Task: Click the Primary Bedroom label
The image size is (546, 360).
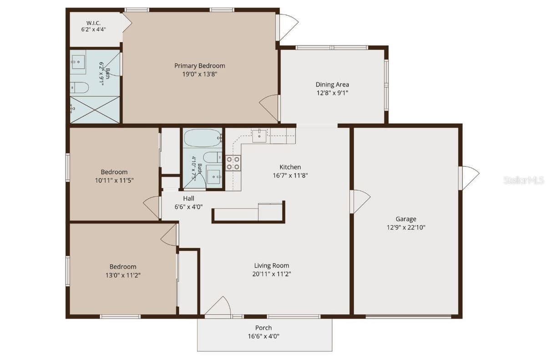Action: pos(200,66)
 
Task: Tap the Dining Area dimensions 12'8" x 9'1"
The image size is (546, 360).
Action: pos(332,93)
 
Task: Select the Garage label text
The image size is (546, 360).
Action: pos(406,219)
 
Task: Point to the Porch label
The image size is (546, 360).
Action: pos(263,328)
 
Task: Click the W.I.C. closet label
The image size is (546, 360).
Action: pos(93,23)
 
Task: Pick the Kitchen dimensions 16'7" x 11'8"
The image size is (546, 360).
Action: pos(290,176)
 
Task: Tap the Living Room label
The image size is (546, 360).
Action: pos(272,265)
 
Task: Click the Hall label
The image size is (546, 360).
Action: pos(188,198)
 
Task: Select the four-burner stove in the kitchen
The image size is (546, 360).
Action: pos(233,163)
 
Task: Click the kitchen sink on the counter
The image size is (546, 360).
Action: pos(259,136)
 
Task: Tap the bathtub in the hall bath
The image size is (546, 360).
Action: pos(203,138)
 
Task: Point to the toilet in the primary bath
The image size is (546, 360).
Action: pos(79,87)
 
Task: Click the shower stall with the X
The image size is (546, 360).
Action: pos(95,110)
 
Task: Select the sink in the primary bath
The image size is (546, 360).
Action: pos(78,62)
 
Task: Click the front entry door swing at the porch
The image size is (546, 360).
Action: pos(217,306)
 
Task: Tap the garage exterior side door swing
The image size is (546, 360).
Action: pos(469,177)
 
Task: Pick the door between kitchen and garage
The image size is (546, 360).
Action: pos(360,201)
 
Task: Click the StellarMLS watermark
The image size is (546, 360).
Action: pos(524,180)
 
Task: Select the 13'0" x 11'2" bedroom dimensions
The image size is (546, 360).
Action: pos(123,275)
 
